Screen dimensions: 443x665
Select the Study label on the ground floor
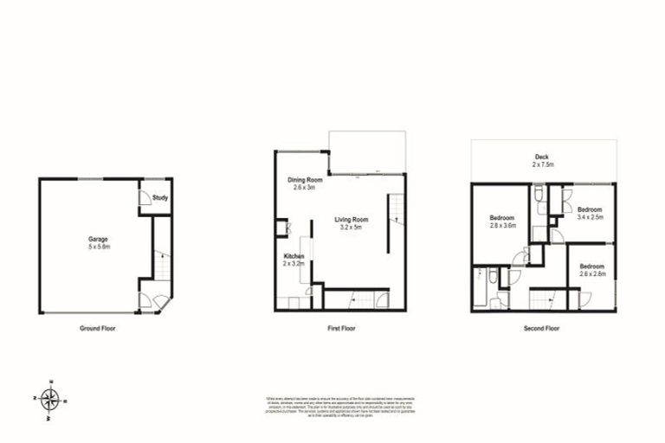pos(159,198)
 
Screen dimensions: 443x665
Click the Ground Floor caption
pos(97,329)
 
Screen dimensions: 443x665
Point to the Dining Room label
pos(305,180)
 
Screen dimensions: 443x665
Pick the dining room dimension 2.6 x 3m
pos(305,188)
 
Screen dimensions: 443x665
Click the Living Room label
pos(352,220)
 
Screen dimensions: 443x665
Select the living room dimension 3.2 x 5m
pos(352,228)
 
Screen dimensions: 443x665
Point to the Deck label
pos(543,157)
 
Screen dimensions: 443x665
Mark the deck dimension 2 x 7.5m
pos(543,164)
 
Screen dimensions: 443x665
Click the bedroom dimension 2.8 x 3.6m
pos(502,226)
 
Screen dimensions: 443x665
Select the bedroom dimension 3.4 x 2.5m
pos(591,218)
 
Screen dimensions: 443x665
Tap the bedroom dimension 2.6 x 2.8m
pos(591,274)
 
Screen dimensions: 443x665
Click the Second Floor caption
pos(543,329)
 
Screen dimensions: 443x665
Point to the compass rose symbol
pos(51,399)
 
